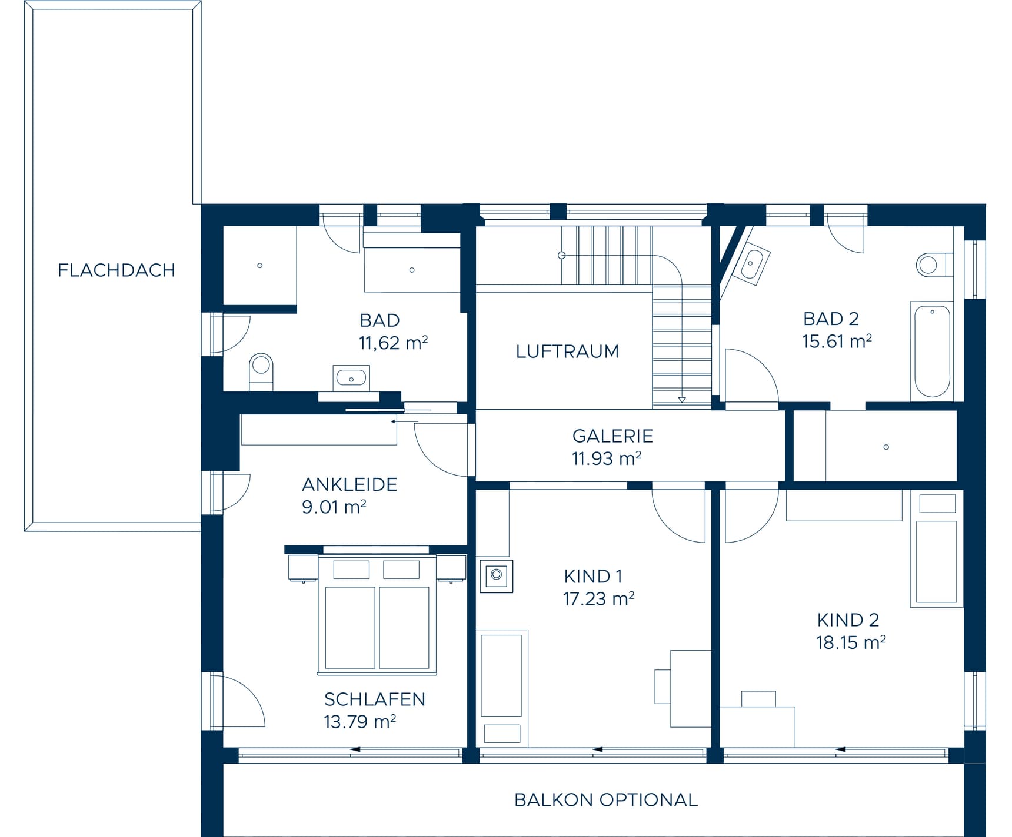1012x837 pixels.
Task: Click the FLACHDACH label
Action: tap(116, 270)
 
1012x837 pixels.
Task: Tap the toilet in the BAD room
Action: tap(261, 371)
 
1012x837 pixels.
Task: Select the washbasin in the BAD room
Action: tap(351, 378)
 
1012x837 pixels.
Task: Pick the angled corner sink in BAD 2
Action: tap(751, 264)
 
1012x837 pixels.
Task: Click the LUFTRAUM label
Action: tap(567, 351)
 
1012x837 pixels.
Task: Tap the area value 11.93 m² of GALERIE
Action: tap(606, 458)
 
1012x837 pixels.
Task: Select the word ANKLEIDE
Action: tap(349, 484)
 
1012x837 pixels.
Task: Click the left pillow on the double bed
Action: tap(351, 570)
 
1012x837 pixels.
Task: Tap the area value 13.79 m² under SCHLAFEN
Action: tap(359, 721)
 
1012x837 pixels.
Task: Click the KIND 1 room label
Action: tap(593, 576)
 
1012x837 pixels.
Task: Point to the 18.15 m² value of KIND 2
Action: tap(851, 642)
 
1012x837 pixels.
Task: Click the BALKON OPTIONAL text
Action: tap(606, 800)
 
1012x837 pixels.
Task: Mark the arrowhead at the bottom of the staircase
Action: tap(682, 400)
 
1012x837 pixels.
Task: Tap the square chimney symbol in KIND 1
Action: tap(497, 575)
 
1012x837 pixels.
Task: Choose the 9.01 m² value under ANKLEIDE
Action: tap(334, 507)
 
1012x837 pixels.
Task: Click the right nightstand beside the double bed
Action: tap(451, 568)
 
